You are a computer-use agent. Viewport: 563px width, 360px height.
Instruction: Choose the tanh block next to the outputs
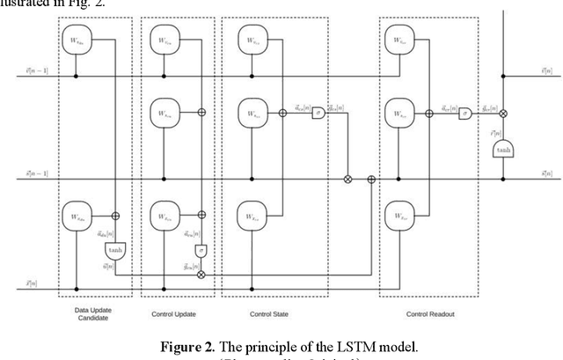(x=502, y=149)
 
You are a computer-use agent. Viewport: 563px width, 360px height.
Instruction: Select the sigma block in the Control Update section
(x=201, y=251)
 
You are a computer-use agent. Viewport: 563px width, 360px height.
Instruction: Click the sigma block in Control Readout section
(x=464, y=113)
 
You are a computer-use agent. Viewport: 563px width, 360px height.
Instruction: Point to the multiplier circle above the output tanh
(x=502, y=113)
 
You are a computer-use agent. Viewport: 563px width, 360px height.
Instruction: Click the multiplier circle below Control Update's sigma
(x=201, y=275)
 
